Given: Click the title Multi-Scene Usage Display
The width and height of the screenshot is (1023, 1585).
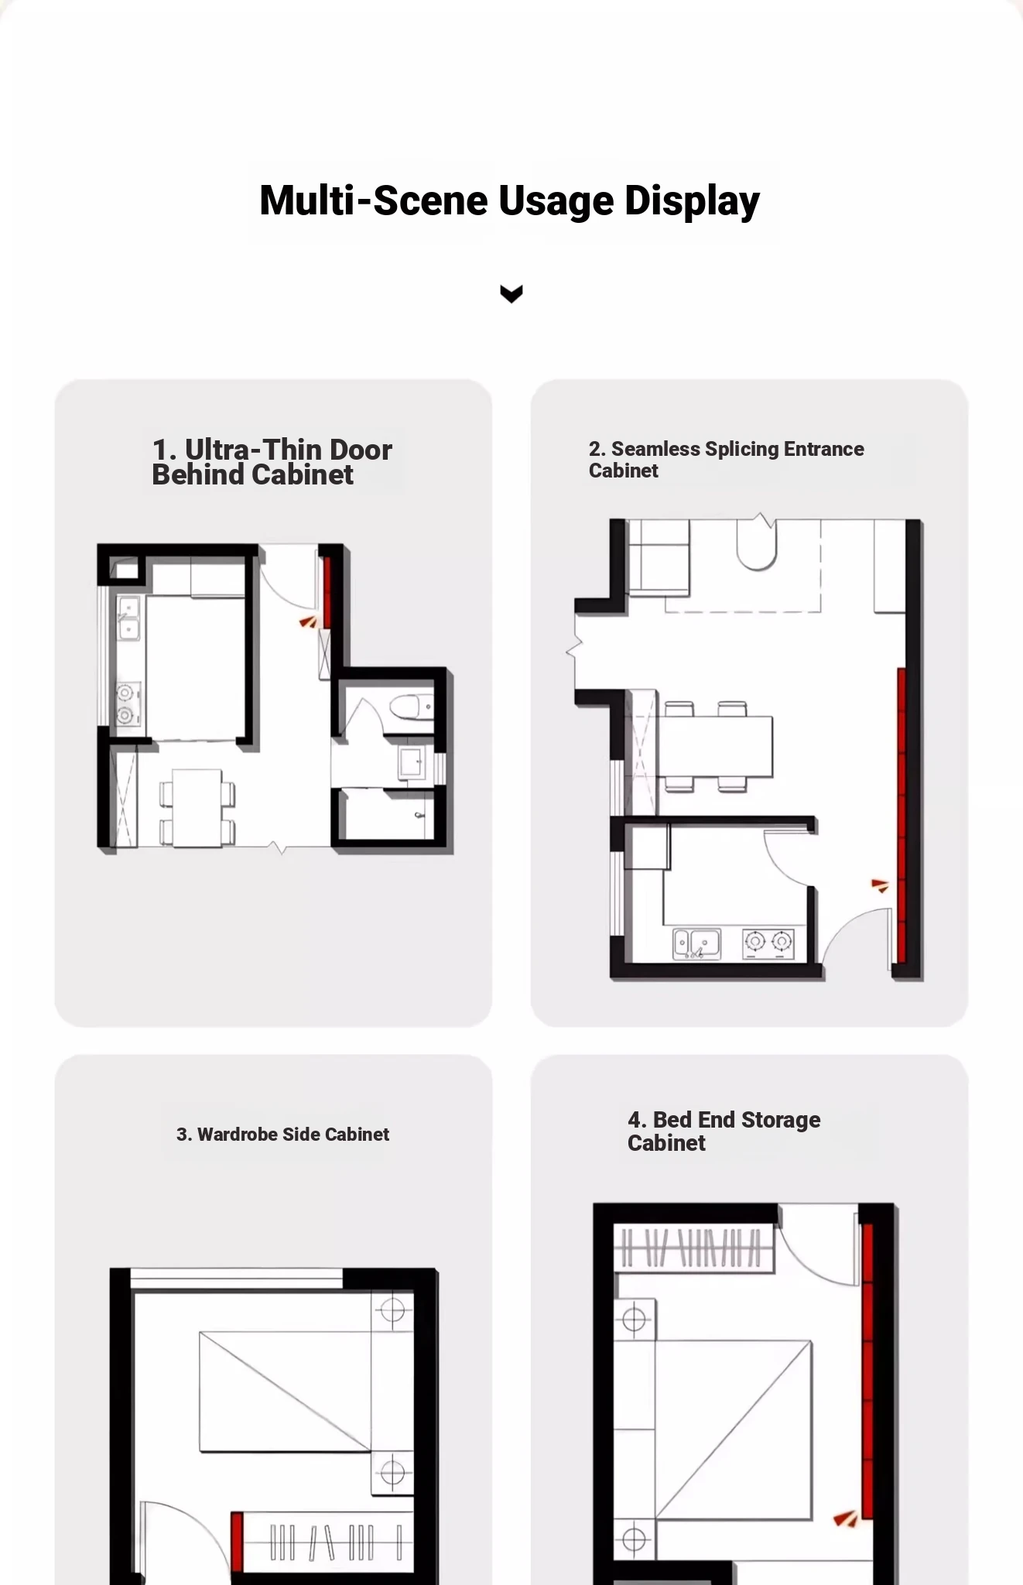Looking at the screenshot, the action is tap(510, 200).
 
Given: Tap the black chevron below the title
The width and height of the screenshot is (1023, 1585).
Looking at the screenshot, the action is tap(511, 293).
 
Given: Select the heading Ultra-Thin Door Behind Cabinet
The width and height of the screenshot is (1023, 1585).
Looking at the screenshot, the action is tap(272, 462).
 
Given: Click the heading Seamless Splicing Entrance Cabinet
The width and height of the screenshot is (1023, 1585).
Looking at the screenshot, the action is tap(726, 460).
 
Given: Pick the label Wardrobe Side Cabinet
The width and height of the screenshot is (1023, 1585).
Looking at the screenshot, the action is tap(282, 1135).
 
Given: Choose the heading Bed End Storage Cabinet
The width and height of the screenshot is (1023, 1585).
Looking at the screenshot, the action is tap(724, 1131).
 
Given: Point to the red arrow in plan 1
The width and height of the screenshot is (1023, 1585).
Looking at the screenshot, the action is tap(308, 621).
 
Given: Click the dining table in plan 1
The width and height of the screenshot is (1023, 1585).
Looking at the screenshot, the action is tap(197, 808).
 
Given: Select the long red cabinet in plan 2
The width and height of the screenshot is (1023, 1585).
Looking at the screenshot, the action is tap(902, 816).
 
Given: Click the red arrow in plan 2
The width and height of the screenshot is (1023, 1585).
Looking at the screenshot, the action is tap(880, 885).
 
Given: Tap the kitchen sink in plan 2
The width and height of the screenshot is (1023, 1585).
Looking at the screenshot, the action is tap(696, 943).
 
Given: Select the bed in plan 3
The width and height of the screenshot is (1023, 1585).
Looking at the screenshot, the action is tap(285, 1392).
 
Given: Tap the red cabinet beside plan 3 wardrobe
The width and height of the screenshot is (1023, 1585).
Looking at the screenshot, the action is tap(237, 1542).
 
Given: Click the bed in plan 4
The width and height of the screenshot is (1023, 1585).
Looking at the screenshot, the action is tap(734, 1430).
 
